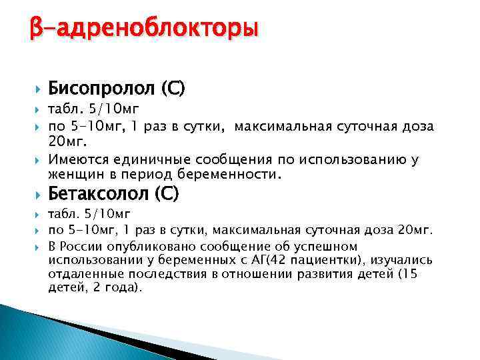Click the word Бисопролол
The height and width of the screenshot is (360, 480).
coord(99,87)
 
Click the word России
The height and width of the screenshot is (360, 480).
coord(83,247)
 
